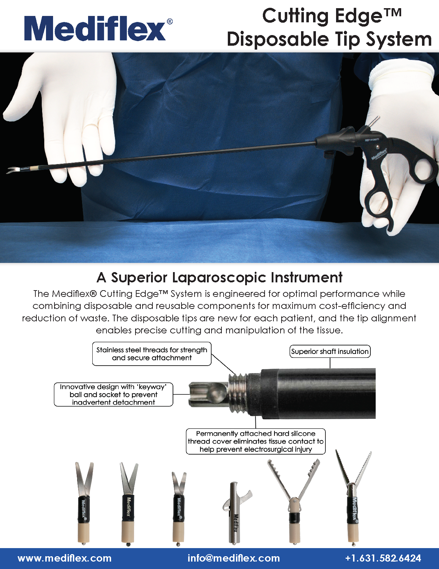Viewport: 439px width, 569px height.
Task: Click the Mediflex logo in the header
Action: [x=98, y=29]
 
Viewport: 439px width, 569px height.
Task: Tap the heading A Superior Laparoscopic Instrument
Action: [x=219, y=277]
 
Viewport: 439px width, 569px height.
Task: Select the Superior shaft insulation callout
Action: [x=330, y=351]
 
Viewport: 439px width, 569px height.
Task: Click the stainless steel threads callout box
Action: [x=152, y=354]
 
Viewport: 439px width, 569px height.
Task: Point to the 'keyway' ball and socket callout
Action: [x=114, y=394]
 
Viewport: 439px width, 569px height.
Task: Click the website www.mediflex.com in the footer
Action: [x=65, y=558]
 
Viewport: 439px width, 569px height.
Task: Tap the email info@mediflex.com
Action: [x=233, y=558]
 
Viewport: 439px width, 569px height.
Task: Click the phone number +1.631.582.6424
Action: [x=383, y=558]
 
